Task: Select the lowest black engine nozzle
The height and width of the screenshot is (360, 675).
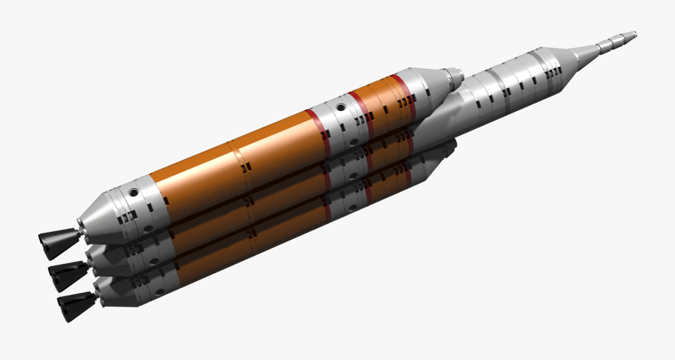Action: (x=75, y=304)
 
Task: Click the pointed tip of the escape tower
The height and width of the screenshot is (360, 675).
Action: (x=634, y=34)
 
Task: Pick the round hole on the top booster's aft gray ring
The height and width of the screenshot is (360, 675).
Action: (x=133, y=193)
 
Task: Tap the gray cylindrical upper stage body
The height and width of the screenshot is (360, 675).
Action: (x=510, y=82)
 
